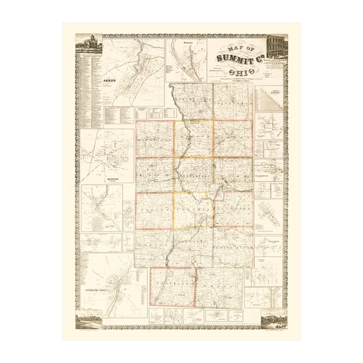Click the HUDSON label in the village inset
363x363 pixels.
(x=100, y=177)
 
